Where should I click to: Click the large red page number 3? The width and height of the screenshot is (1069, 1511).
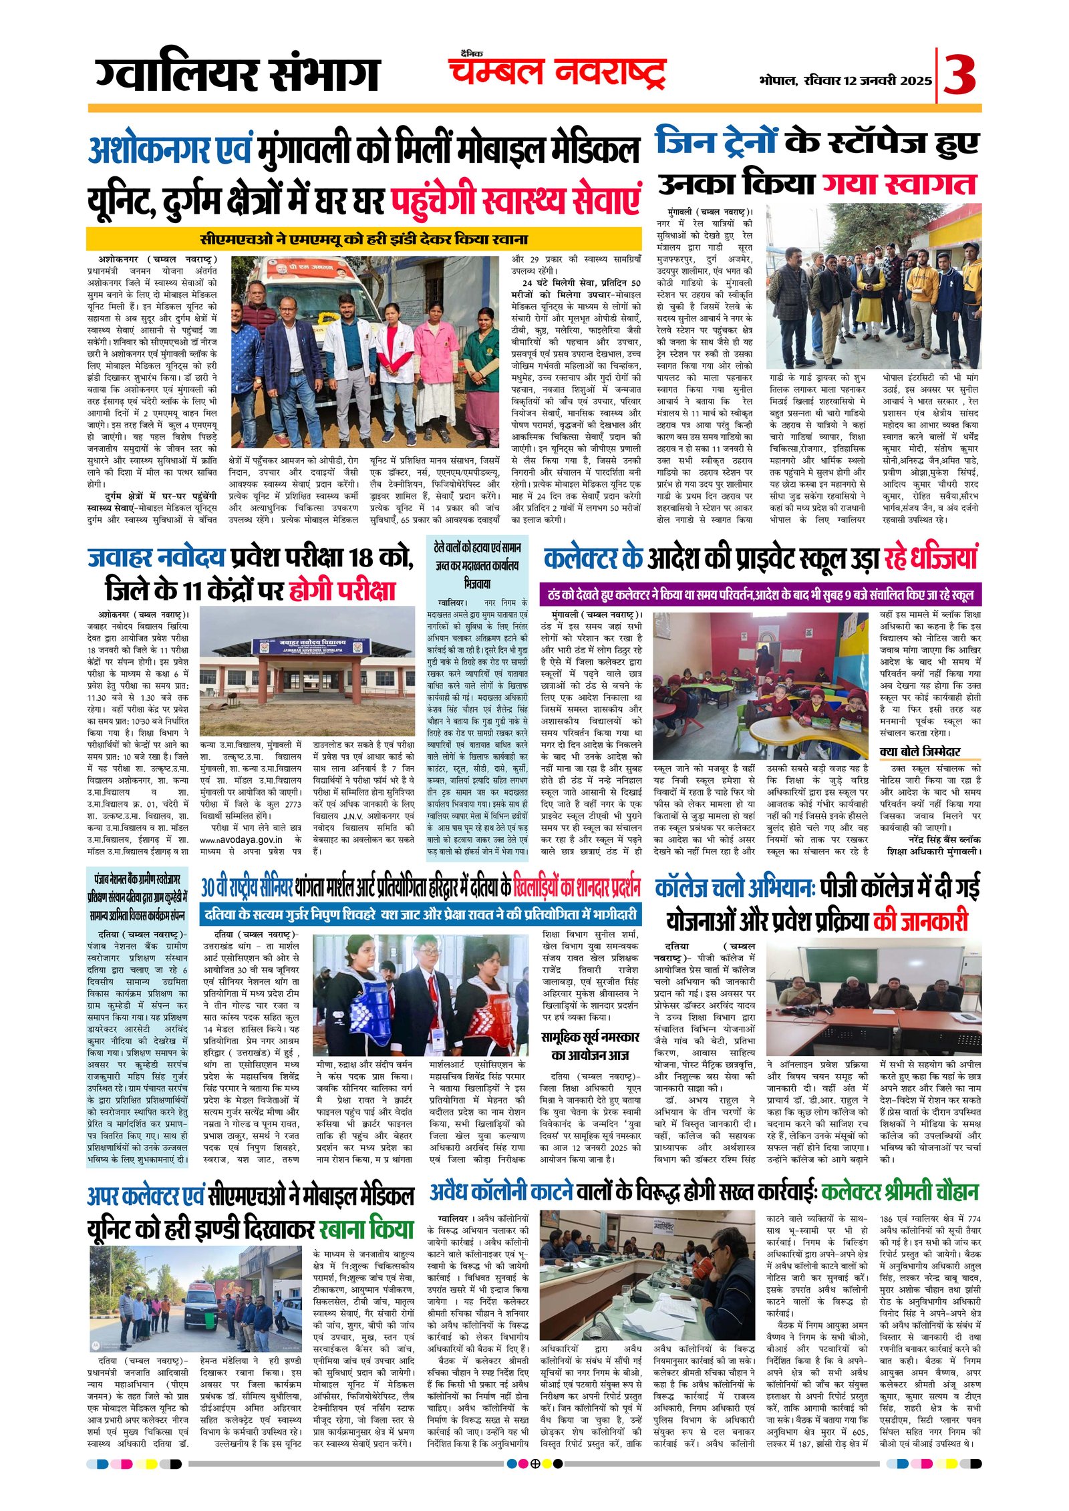959,75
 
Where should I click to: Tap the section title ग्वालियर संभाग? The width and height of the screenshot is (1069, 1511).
237,75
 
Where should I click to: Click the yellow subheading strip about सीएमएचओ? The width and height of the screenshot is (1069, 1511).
364,238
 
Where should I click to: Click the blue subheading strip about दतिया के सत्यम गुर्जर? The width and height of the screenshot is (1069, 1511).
421,914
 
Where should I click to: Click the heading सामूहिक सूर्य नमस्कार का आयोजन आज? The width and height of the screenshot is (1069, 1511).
590,1045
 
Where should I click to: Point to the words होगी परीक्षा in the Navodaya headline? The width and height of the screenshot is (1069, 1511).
342,590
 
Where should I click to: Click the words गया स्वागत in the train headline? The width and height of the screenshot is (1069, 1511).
899,184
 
